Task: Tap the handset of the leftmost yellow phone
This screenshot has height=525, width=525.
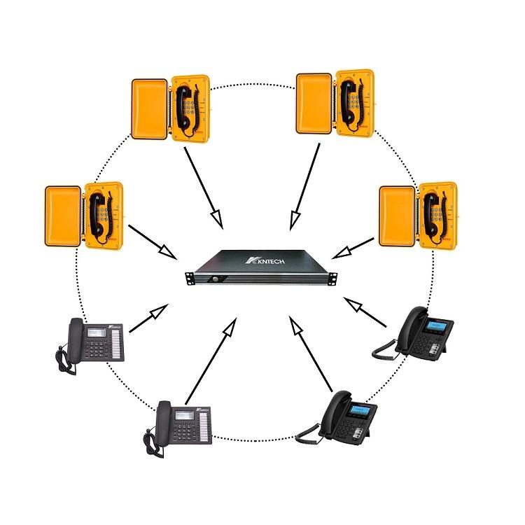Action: point(95,213)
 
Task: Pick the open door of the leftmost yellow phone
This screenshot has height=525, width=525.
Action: point(64,216)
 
